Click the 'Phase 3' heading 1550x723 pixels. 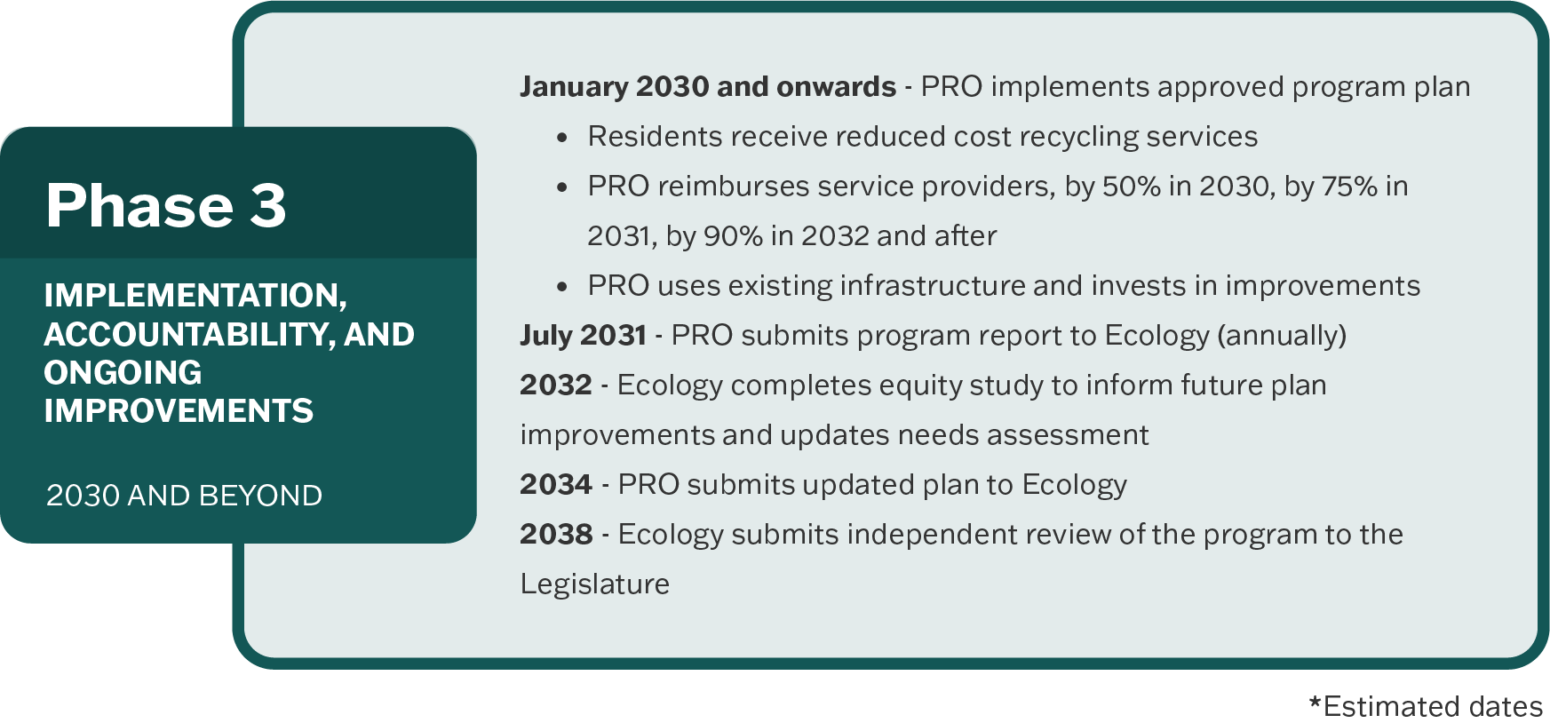tap(166, 205)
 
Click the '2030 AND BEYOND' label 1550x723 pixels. tap(184, 496)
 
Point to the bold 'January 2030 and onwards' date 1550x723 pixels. tap(708, 86)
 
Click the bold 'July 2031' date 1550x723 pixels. tap(583, 336)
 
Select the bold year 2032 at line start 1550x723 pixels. tap(556, 385)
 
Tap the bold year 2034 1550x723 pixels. tap(556, 484)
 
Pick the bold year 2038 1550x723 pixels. tap(556, 534)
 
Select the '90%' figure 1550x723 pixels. tap(733, 236)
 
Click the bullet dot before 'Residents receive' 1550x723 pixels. tap(561, 138)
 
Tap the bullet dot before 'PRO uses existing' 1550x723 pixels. tap(561, 287)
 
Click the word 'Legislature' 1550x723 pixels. tap(595, 584)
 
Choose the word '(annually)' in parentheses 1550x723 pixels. tap(1282, 336)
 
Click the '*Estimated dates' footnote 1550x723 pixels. tap(1426, 706)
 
